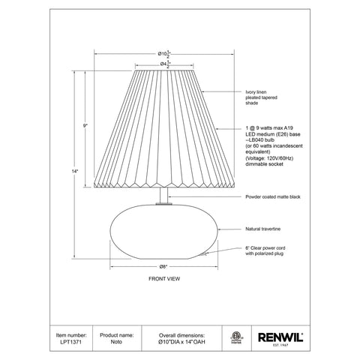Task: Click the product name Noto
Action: pyautogui.click(x=112, y=340)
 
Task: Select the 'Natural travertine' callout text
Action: pyautogui.click(x=263, y=227)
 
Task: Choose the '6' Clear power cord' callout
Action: pyautogui.click(x=266, y=250)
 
